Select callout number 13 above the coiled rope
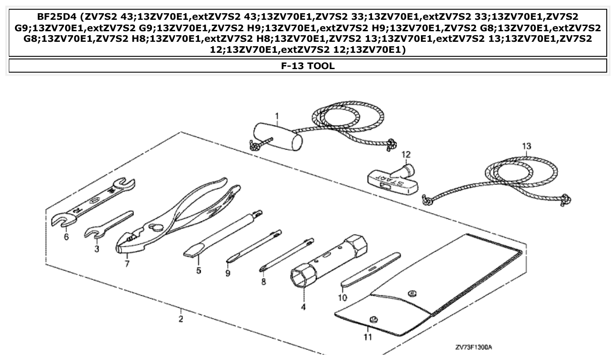pyautogui.click(x=527, y=146)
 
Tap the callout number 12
pyautogui.click(x=406, y=154)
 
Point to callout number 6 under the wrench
pyautogui.click(x=66, y=236)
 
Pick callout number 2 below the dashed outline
pyautogui.click(x=181, y=319)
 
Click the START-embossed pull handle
pyautogui.click(x=390, y=180)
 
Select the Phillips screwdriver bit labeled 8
pyautogui.click(x=286, y=254)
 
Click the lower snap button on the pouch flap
pyautogui.click(x=373, y=319)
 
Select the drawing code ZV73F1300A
pyautogui.click(x=473, y=347)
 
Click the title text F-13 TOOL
pyautogui.click(x=308, y=66)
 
